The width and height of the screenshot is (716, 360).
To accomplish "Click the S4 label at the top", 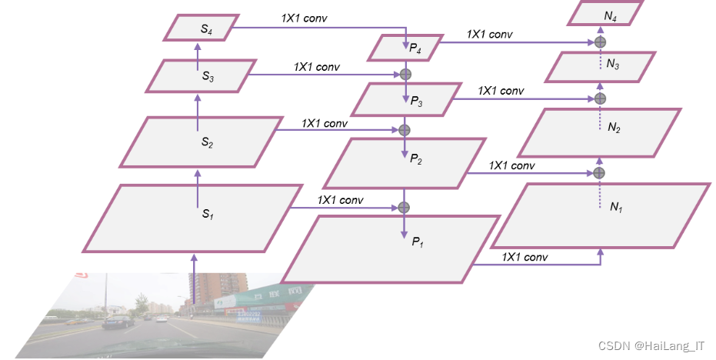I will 206,29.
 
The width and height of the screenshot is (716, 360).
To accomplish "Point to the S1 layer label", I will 207,215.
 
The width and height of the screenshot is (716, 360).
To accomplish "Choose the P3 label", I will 416,101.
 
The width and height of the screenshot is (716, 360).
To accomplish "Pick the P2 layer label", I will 416,158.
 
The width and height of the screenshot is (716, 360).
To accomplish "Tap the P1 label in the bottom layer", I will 418,242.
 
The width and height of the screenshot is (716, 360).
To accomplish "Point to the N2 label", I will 613,128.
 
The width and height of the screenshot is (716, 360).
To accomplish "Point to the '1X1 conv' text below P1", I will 525,257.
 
